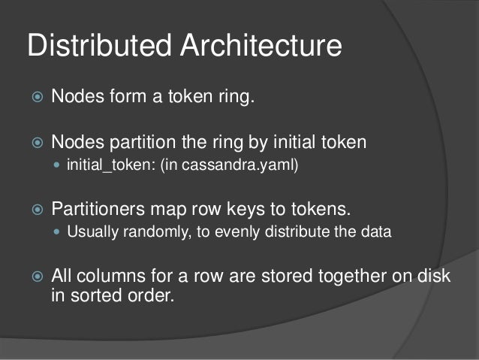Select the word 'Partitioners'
pos(97,208)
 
